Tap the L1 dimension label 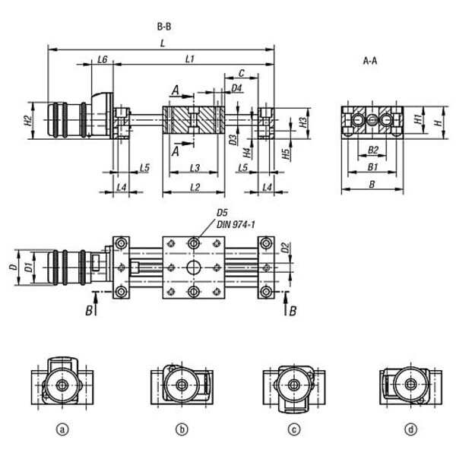191,59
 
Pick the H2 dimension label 27,120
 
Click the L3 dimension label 194,167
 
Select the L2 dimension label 194,186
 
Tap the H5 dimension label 284,154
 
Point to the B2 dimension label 373,150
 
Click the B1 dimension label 373,166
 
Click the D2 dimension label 285,247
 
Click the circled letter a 63,429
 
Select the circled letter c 294,429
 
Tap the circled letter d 410,429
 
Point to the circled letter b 181,429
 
